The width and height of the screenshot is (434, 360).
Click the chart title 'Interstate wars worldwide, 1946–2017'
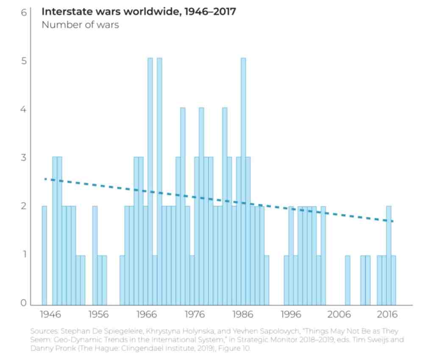(x=139, y=11)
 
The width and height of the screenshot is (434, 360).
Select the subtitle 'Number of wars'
(x=80, y=25)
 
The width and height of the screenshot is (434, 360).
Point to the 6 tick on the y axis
(x=24, y=13)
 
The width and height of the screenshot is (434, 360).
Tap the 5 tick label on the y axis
(x=24, y=61)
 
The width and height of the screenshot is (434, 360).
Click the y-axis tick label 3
(x=24, y=158)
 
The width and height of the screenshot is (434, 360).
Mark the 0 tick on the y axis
(x=24, y=304)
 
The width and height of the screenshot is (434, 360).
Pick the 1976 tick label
(x=195, y=315)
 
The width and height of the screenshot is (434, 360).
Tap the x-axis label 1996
(x=291, y=315)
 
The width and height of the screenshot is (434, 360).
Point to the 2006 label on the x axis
(x=339, y=315)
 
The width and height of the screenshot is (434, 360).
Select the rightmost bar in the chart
(x=393, y=280)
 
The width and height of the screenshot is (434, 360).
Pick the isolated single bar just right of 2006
(x=348, y=280)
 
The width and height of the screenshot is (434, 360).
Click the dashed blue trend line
(x=220, y=201)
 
